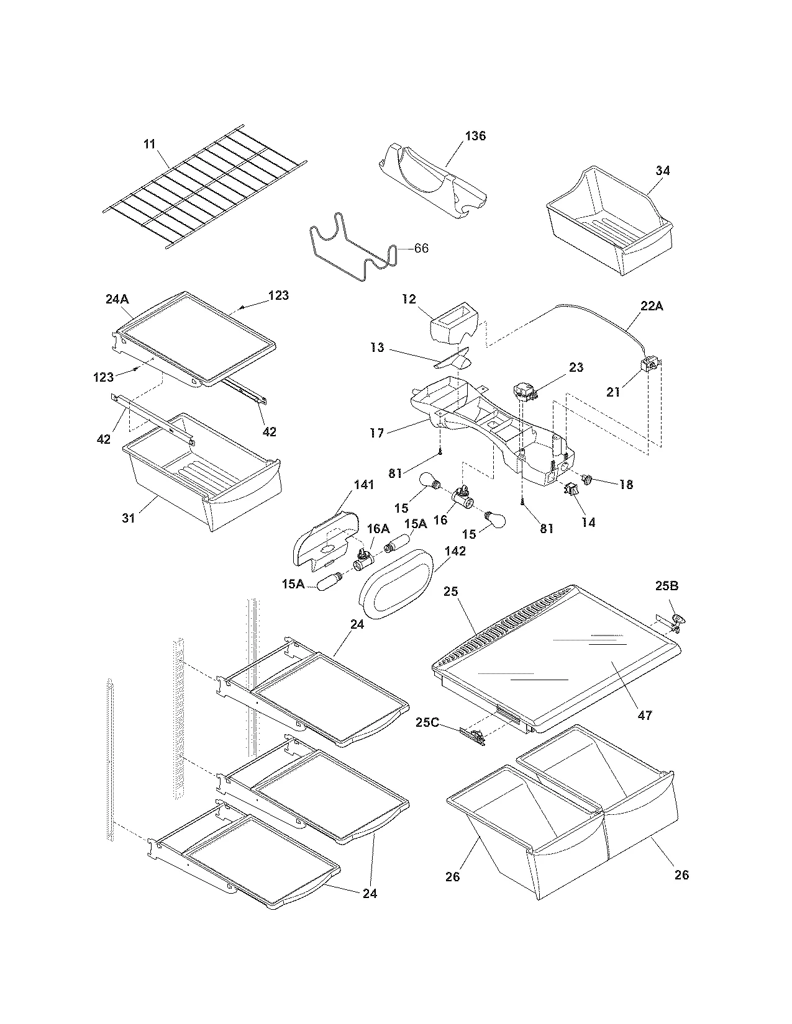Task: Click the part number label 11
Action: coord(149,144)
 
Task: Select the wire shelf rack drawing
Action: coord(205,186)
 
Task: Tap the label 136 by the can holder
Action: coord(475,136)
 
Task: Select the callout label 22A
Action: coord(651,306)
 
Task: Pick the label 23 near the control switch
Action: coord(576,367)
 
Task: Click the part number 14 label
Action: coord(588,523)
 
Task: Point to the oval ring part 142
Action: coord(398,583)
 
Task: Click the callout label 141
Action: coord(365,485)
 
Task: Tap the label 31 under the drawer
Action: coord(128,518)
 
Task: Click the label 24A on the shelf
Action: coord(117,299)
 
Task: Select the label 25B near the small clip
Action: coord(667,585)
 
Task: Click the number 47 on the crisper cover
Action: coord(645,715)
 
